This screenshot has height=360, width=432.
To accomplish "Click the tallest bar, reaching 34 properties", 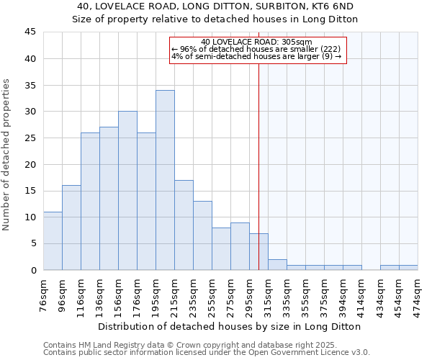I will [x=165, y=180].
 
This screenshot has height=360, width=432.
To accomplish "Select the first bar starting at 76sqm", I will [x=53, y=240].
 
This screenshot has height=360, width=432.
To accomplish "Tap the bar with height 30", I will [x=127, y=191].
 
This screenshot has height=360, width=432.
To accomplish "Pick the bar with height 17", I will [x=184, y=225].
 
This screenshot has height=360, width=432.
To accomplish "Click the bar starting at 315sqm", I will [x=277, y=264].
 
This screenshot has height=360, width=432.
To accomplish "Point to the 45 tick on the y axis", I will [x=30, y=32].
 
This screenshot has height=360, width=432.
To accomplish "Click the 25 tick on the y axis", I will [x=30, y=138].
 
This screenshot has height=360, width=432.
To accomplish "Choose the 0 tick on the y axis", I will [x=33, y=270].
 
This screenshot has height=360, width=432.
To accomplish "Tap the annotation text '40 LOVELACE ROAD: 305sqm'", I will [x=256, y=42].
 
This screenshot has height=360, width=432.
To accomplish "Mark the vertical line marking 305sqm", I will [x=258, y=166].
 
